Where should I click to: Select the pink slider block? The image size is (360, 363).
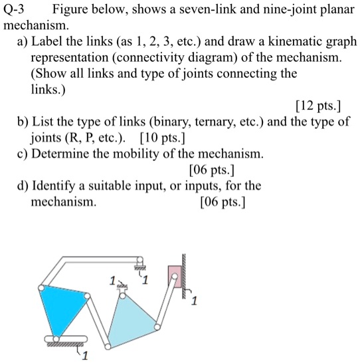pyautogui.click(x=176, y=275)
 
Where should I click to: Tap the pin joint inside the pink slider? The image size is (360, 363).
pyautogui.click(x=177, y=274)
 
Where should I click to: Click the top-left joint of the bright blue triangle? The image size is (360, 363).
pyautogui.click(x=42, y=287)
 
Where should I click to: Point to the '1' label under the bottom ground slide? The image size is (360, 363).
pyautogui.click(x=84, y=357)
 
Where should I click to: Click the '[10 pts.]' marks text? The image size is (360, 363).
pyautogui.click(x=163, y=139)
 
